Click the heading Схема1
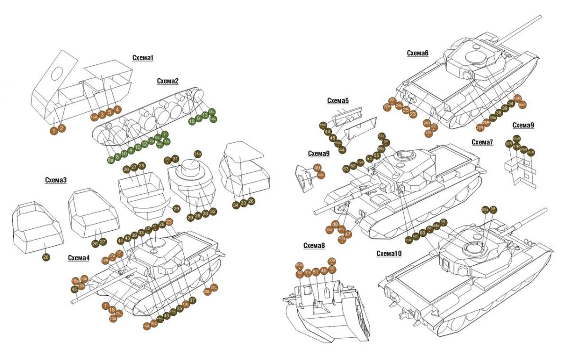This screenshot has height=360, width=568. pyautogui.click(x=143, y=58)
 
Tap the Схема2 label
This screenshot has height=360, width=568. pyautogui.click(x=168, y=81)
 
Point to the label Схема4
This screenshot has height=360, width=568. pyautogui.click(x=78, y=258)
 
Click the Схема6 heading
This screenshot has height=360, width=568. pyautogui.click(x=417, y=53)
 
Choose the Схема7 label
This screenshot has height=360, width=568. pyautogui.click(x=482, y=142)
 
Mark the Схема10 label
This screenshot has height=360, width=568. pyautogui.click(x=389, y=253)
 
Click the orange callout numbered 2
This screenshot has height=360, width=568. pyautogui.click(x=62, y=128)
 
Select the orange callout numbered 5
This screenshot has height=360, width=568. pyautogui.click(x=110, y=112)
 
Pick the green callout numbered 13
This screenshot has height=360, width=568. pyautogui.click(x=205, y=115)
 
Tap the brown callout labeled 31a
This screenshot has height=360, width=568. pyautogui.click(x=198, y=153)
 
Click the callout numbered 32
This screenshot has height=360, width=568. pyautogui.click(x=213, y=212)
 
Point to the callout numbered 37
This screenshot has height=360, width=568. pyautogui.click(x=192, y=300)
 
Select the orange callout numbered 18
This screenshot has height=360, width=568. pyautogui.click(x=112, y=310)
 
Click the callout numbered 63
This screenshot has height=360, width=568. pyautogui.click(x=346, y=168)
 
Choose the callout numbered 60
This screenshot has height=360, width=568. pyautogui.click(x=423, y=232)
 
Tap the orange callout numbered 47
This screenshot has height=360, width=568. pyautogui.click(x=348, y=234)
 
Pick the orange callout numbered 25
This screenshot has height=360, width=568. pyautogui.click(x=406, y=110)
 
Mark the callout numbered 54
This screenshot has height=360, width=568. pyautogui.click(x=369, y=159)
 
